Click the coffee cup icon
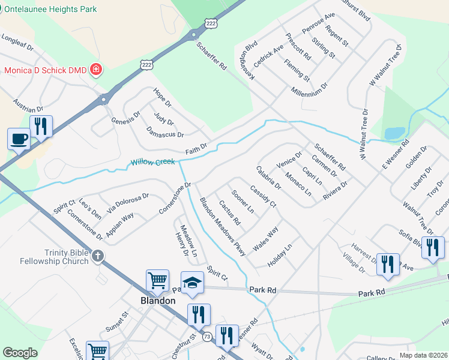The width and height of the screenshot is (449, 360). [19, 139]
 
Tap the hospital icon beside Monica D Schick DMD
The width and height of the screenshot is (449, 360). [95, 70]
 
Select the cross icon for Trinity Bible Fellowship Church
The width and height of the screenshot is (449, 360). [97, 257]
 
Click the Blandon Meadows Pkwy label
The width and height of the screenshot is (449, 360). [222, 227]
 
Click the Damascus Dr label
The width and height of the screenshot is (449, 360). [165, 132]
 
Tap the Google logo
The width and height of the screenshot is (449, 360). [20, 353]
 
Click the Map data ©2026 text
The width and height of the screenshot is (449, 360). [423, 355]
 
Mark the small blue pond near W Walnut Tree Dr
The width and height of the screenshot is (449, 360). [394, 132]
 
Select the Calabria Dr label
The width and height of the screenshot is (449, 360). [268, 178]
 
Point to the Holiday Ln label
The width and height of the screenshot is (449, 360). [280, 255]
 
